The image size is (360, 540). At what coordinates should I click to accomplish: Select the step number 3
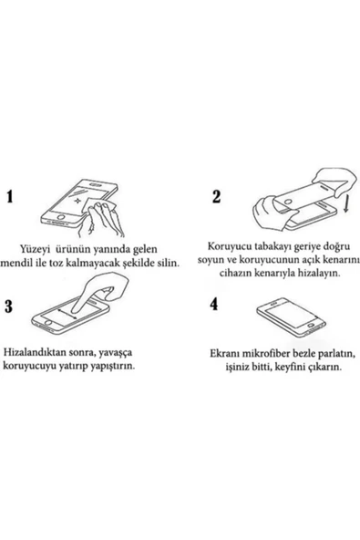coord(11,306)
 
